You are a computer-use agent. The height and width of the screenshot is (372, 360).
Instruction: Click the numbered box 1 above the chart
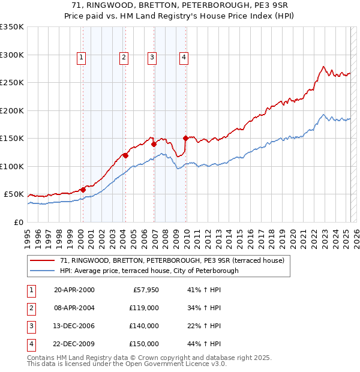tap(81, 58)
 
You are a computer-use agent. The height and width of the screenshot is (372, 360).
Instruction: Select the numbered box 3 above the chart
tap(152, 58)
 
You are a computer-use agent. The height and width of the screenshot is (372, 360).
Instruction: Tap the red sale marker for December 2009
tap(185, 138)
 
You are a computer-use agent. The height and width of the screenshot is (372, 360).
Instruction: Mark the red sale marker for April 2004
tap(125, 155)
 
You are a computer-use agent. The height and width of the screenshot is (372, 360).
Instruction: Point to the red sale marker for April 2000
tap(83, 190)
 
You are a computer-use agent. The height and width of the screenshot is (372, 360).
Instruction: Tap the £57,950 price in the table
tap(145, 290)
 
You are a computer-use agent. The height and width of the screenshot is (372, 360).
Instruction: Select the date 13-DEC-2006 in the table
tap(74, 327)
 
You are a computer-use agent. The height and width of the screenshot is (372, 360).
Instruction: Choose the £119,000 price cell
tap(145, 308)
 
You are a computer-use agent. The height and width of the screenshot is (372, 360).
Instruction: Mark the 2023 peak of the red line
tap(323, 67)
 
